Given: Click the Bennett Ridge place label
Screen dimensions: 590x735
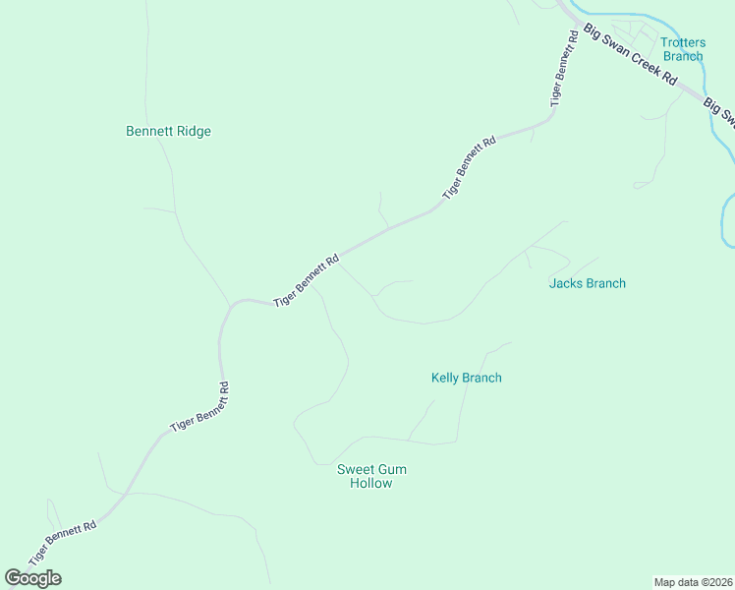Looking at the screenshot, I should (168, 131).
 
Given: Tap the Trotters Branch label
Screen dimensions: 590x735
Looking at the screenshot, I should (682, 49).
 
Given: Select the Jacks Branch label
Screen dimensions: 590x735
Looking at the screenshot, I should (587, 283).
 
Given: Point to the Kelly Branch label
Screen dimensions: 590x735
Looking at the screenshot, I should (467, 378).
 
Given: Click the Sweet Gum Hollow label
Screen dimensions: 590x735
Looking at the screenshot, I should (371, 476).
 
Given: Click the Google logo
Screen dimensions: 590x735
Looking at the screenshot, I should (32, 578).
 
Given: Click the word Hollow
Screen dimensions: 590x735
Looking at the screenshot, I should (371, 483).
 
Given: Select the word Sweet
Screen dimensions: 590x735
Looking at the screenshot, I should (354, 469).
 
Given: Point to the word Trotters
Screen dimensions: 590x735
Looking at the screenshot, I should (682, 42).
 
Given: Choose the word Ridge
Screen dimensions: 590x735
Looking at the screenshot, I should (195, 131).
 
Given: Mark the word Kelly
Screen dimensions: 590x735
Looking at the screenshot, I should (446, 378).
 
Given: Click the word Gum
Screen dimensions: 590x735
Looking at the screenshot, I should (390, 469).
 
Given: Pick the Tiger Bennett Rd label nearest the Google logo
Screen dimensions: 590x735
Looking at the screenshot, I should (62, 542).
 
